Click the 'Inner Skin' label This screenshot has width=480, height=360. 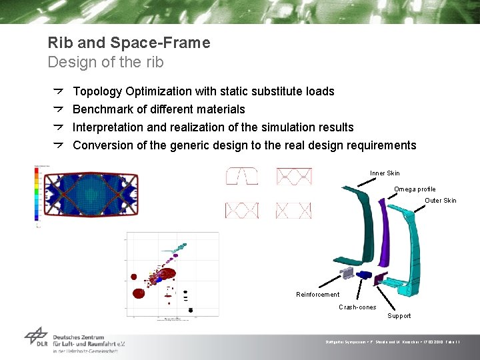click(x=385, y=173)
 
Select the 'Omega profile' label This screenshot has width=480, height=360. click(x=415, y=189)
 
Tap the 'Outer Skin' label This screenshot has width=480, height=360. click(x=441, y=201)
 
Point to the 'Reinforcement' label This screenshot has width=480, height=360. click(x=317, y=295)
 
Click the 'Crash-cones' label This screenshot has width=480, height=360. click(x=357, y=307)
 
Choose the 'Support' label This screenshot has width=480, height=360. click(x=399, y=316)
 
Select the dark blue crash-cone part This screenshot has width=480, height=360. click(x=365, y=275)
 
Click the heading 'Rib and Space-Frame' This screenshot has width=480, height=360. click(x=129, y=43)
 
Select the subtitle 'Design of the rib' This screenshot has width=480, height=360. click(x=105, y=63)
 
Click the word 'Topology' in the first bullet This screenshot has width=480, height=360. click(x=97, y=91)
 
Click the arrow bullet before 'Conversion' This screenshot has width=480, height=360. click(x=58, y=145)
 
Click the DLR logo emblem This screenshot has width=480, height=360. click(x=36, y=337)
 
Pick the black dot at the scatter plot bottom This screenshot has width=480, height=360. click(x=191, y=310)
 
